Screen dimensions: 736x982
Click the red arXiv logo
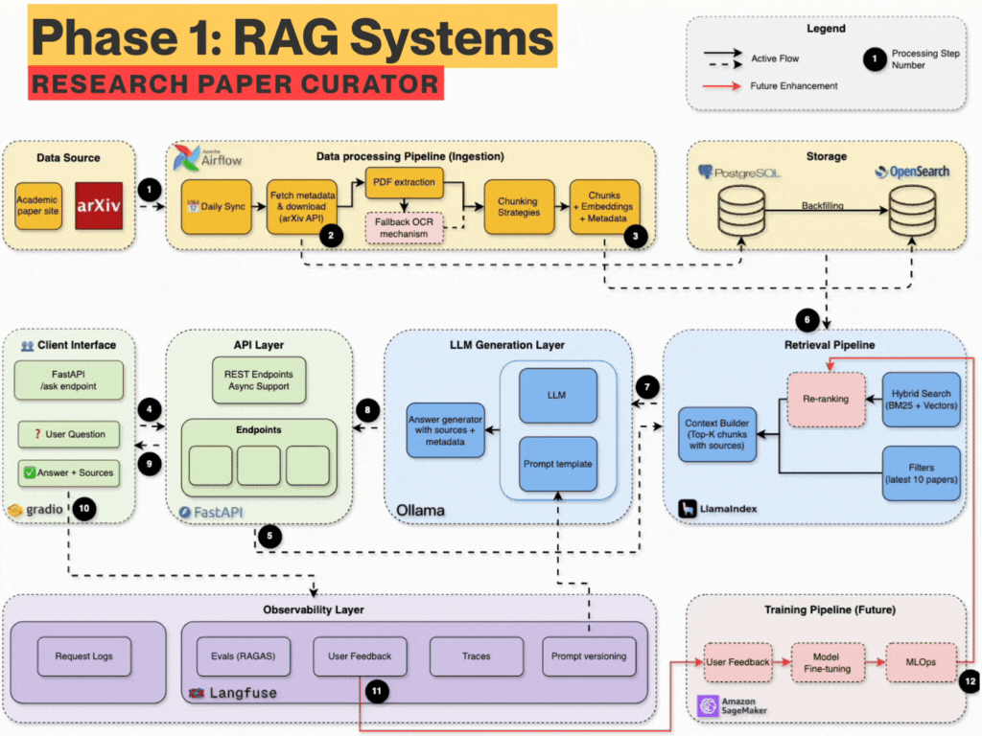tap(100, 205)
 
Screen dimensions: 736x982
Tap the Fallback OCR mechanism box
tap(404, 227)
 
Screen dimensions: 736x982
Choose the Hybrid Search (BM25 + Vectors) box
tap(921, 399)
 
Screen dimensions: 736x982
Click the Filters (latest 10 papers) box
tap(921, 472)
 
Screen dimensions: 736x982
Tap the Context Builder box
tap(718, 434)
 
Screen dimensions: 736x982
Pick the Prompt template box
tap(557, 464)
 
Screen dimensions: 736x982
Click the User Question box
tap(70, 434)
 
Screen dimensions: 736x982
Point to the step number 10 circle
tap(84, 509)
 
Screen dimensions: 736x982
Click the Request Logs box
tap(83, 656)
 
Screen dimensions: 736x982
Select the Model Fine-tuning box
tap(825, 662)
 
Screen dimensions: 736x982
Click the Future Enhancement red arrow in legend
tap(728, 86)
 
